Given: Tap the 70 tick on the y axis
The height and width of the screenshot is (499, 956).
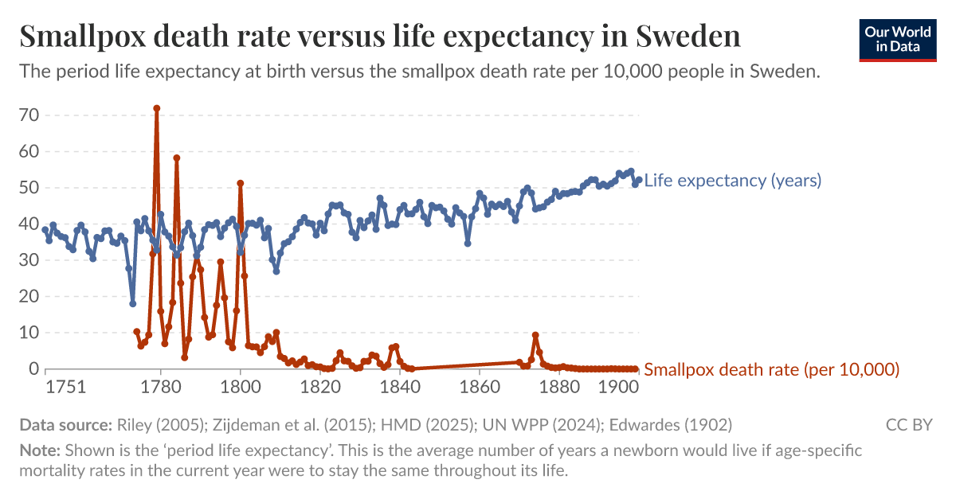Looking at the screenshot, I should (x=29, y=115).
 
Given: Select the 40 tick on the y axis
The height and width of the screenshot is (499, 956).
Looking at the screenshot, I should (x=29, y=224).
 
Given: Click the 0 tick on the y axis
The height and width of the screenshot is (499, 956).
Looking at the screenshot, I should (x=33, y=369).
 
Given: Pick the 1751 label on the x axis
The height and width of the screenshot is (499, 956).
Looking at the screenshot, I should (x=65, y=388).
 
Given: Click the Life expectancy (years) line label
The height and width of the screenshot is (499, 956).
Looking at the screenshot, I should (x=732, y=181).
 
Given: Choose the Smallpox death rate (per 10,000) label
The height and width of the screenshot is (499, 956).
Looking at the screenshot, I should (x=771, y=369).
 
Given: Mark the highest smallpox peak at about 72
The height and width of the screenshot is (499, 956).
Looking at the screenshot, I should (x=157, y=108).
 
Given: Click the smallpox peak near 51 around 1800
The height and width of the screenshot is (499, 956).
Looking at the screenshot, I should (x=240, y=183).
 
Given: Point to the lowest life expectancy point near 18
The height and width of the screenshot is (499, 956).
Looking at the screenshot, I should (x=133, y=303).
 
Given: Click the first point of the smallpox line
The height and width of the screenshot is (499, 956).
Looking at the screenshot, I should (x=136, y=332).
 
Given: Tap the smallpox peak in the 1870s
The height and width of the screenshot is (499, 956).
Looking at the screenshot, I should (x=535, y=335).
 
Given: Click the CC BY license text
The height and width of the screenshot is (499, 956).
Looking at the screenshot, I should (x=909, y=425).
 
